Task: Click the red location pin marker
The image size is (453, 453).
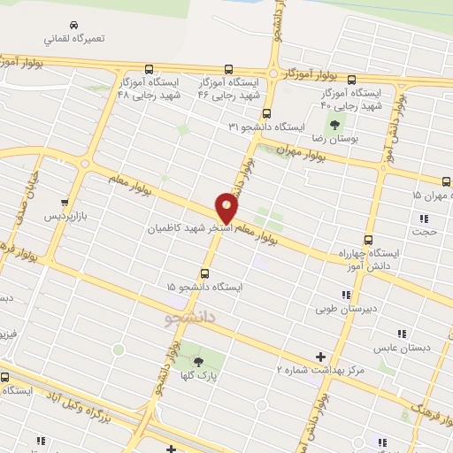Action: [x=227, y=208]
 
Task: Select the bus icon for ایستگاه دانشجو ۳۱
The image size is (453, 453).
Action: [x=266, y=112]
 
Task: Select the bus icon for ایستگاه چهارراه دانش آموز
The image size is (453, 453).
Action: [x=368, y=239]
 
